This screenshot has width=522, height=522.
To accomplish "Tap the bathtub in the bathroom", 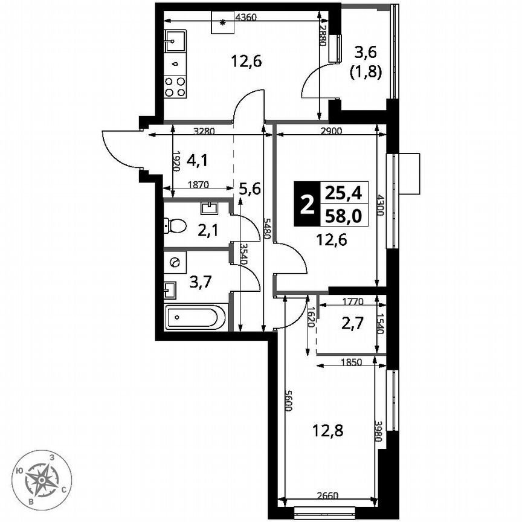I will click(x=195, y=317).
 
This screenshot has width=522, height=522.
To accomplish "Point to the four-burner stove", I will click(x=175, y=86).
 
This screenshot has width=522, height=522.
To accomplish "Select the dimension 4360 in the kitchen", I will click(x=246, y=18).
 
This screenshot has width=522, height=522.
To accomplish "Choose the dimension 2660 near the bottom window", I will click(x=327, y=497).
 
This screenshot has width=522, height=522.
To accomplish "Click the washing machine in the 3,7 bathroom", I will click(x=175, y=263).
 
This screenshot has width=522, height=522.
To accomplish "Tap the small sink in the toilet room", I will click(x=210, y=208).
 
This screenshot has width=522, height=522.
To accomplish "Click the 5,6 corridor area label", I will click(x=249, y=188).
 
